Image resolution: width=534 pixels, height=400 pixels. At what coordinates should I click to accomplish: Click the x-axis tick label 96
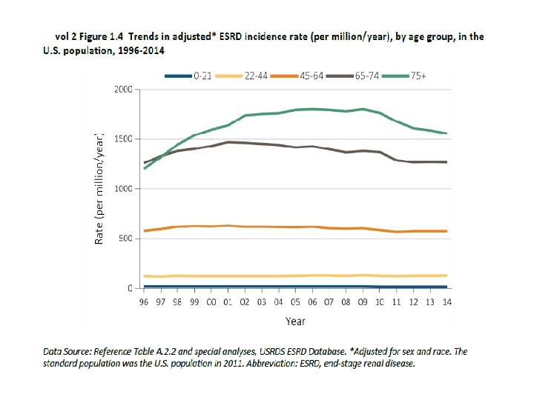(144, 302)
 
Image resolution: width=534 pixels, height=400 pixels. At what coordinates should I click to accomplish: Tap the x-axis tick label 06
(312, 302)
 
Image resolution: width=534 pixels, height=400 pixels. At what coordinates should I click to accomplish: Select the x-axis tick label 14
(446, 302)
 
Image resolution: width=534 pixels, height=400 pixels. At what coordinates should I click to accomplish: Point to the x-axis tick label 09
(363, 302)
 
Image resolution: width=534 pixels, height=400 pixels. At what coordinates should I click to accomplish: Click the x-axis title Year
(295, 321)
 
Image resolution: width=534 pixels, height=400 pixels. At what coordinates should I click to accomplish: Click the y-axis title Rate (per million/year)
(99, 189)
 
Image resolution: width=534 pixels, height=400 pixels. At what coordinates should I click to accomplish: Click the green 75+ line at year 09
(363, 109)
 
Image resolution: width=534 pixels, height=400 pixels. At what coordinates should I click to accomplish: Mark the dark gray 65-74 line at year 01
(228, 141)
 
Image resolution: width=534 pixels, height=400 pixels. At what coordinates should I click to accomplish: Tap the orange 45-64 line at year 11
(397, 232)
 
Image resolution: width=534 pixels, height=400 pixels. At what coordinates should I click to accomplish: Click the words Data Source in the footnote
(67, 352)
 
